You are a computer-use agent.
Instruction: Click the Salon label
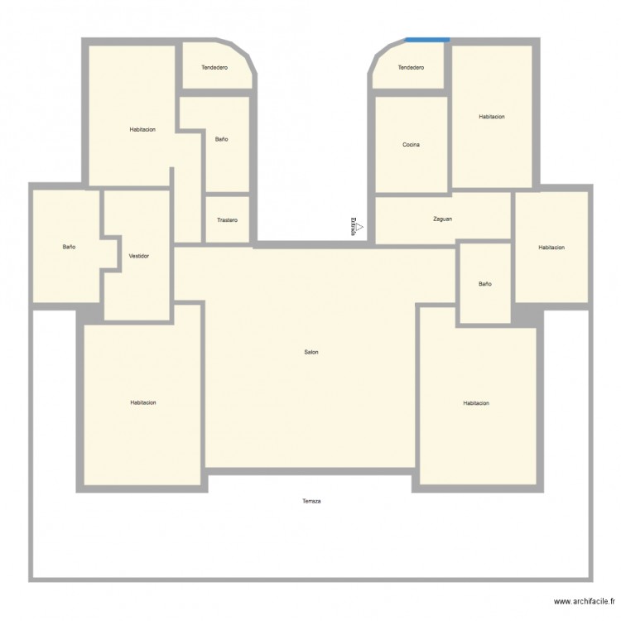(311, 352)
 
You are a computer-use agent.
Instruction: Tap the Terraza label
(311, 501)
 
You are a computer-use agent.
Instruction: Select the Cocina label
(411, 145)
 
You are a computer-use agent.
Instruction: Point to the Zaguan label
(442, 219)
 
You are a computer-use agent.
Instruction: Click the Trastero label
(227, 220)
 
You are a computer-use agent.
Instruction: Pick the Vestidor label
(139, 256)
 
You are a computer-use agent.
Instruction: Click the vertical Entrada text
(354, 226)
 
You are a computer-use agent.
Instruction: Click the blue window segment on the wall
(427, 39)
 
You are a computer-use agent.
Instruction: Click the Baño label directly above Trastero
(221, 139)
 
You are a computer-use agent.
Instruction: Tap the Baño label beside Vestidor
(69, 247)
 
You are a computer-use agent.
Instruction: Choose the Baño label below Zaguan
(484, 284)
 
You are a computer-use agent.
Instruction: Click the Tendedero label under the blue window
(411, 67)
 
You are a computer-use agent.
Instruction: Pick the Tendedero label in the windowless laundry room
(214, 67)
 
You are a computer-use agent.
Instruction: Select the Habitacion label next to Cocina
(491, 117)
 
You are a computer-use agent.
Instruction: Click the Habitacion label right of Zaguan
(551, 248)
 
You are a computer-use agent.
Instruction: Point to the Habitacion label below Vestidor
(142, 402)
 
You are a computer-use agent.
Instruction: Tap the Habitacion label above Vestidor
(142, 129)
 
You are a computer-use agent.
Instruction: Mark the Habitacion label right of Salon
(476, 403)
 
